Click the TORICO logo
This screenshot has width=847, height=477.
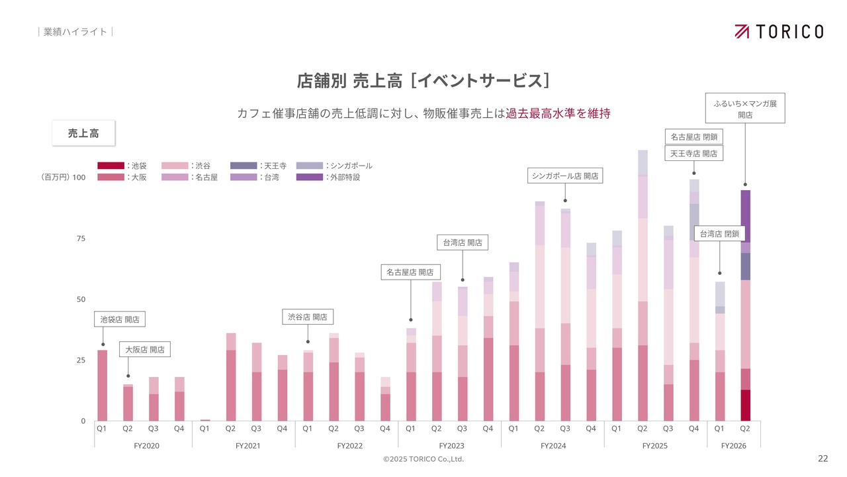(x=779, y=31)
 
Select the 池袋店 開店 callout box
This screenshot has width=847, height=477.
(x=120, y=319)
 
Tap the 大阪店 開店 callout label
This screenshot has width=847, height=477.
(x=145, y=349)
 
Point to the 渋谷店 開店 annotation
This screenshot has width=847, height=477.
(x=308, y=317)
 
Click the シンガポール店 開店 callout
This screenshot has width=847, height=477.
(x=565, y=176)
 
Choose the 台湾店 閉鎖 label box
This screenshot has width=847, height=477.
(x=719, y=233)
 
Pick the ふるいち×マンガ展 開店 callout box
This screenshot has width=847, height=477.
(x=745, y=109)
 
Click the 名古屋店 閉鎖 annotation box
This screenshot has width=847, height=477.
(x=693, y=137)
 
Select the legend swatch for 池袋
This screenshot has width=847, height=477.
(x=111, y=166)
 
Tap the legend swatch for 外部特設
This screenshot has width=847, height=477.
(x=310, y=178)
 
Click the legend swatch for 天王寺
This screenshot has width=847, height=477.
(x=244, y=166)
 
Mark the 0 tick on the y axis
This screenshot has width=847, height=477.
(x=83, y=421)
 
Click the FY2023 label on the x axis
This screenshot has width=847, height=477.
(x=451, y=446)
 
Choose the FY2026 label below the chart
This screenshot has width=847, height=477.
(x=733, y=446)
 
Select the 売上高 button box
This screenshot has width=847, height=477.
(x=83, y=133)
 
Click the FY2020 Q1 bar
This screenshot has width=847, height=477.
(x=103, y=386)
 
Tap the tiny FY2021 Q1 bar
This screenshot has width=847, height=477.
(x=205, y=420)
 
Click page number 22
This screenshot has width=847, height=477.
(x=823, y=458)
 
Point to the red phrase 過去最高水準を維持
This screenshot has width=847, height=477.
(x=558, y=113)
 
